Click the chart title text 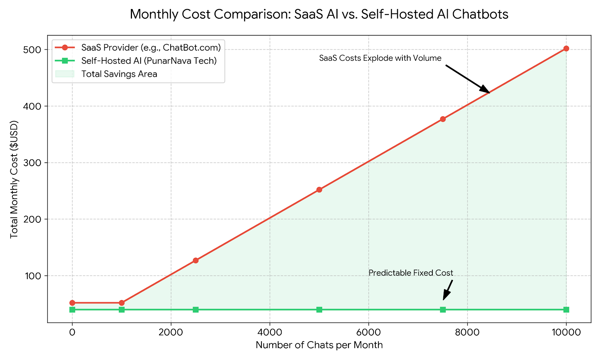[319, 14]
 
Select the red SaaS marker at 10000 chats [566, 48]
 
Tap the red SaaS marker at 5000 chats [319, 190]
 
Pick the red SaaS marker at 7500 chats [442, 119]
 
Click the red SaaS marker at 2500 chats [195, 260]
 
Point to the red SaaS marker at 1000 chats [121, 303]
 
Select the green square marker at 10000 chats [566, 309]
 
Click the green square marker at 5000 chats [319, 309]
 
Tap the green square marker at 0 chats [72, 309]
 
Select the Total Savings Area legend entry [119, 74]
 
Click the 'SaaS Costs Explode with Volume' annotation [380, 58]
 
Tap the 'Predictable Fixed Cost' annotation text [411, 273]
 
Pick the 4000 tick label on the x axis [270, 332]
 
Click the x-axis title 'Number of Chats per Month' [319, 345]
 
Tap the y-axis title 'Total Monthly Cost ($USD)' [14, 179]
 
